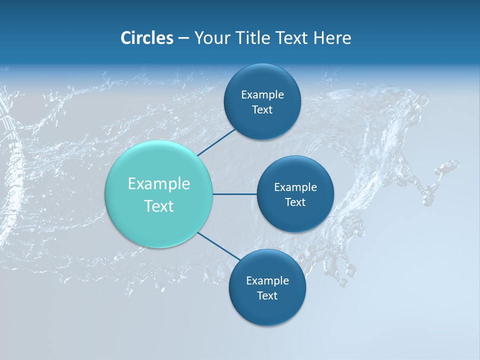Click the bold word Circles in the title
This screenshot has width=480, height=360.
click(x=147, y=38)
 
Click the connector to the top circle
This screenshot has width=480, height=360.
click(x=216, y=142)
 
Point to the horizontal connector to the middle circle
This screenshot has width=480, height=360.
click(x=235, y=194)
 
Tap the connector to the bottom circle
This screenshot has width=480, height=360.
click(x=218, y=246)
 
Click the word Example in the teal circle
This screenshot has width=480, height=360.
click(x=159, y=184)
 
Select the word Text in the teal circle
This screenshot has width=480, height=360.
click(x=159, y=206)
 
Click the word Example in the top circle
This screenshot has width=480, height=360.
click(x=262, y=94)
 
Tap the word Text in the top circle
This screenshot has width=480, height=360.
click(x=262, y=109)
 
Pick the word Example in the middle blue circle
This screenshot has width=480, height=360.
click(x=295, y=187)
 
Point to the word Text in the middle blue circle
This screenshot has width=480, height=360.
click(x=295, y=202)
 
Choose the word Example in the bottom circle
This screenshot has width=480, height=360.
click(x=267, y=280)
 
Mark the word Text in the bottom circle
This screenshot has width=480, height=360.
click(x=267, y=295)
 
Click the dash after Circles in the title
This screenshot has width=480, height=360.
click(x=183, y=38)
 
